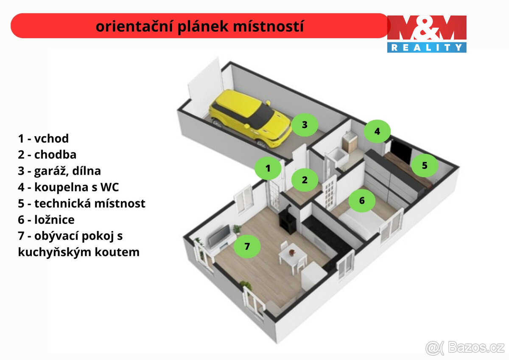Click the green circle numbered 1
(268, 169)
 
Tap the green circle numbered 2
(305, 180)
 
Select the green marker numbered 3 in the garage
(304, 125)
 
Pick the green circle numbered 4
(377, 132)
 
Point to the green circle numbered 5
(425, 166)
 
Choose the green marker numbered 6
(362, 200)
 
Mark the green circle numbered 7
(247, 246)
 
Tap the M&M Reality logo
(426, 34)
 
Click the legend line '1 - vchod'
(43, 138)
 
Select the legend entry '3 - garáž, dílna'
(59, 171)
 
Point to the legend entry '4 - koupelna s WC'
(68, 187)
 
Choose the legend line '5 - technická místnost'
(81, 203)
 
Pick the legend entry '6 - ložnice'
(46, 219)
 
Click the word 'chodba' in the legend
(55, 155)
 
